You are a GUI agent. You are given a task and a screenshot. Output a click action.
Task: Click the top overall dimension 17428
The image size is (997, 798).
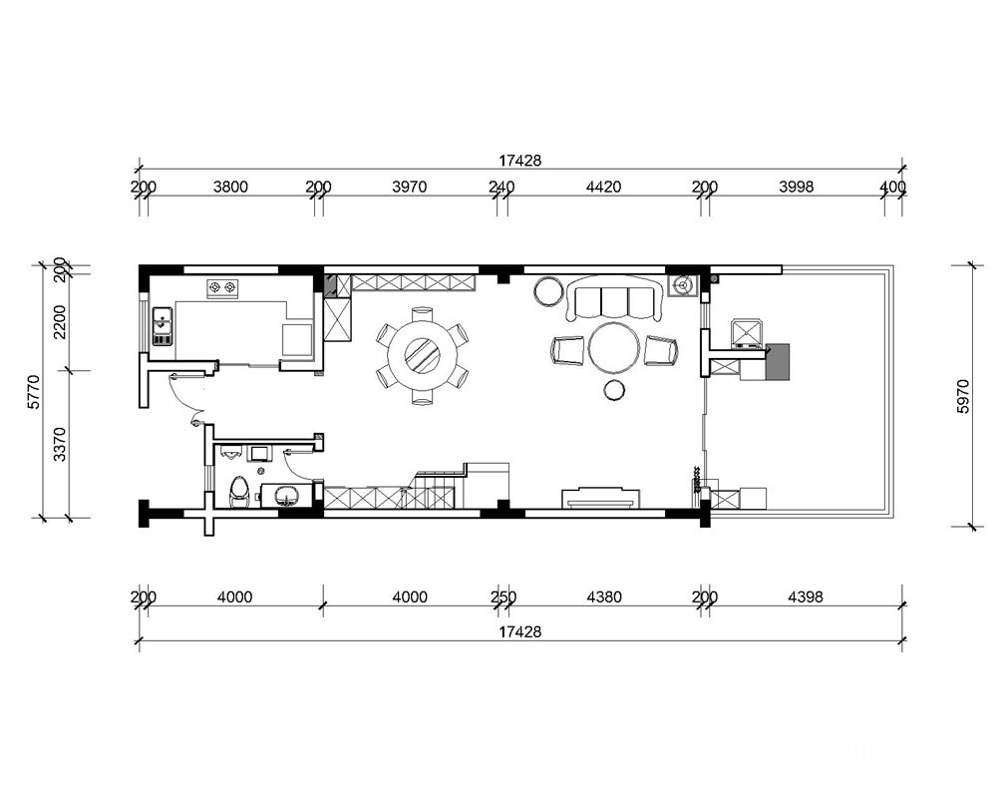coord(519,161)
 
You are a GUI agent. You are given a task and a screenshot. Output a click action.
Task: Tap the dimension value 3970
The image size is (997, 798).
coord(410,188)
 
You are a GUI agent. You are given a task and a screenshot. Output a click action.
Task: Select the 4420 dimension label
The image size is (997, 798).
coord(603,188)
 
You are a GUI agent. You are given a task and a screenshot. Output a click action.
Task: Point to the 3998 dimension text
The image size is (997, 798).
coord(796,188)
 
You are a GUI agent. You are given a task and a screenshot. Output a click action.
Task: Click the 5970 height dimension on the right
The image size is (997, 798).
coord(963,396)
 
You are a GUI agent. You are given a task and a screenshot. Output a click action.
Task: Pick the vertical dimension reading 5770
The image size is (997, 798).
coord(34,391)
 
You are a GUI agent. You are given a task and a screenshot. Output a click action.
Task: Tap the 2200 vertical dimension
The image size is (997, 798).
coord(59,322)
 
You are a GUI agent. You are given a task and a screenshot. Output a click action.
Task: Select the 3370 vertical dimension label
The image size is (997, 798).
coord(59,444)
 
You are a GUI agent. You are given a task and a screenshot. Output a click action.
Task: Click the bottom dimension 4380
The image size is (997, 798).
coord(604,597)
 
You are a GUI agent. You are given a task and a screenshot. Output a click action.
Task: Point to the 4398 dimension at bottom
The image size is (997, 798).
coord(805,597)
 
